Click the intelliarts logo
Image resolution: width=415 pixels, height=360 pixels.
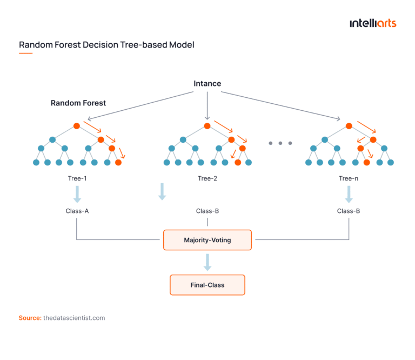(x=373, y=23)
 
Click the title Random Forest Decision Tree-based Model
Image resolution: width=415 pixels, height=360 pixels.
(x=106, y=45)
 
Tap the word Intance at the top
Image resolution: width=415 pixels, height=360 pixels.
(x=207, y=84)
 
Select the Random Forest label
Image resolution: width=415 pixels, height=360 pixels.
(x=78, y=103)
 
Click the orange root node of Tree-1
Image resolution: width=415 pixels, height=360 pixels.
(x=77, y=126)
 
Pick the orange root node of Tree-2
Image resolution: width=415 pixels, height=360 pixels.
(x=207, y=126)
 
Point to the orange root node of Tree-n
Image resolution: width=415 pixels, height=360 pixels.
(x=349, y=126)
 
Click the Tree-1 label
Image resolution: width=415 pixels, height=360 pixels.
(x=77, y=178)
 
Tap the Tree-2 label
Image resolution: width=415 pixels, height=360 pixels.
(x=207, y=178)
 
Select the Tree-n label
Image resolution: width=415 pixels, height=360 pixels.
(x=349, y=178)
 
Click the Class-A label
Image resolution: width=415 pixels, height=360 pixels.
(x=77, y=211)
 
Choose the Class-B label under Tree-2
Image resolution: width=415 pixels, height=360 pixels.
(x=207, y=211)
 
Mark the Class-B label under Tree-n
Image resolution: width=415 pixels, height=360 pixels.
(x=349, y=211)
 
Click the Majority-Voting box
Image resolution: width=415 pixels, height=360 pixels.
(x=207, y=239)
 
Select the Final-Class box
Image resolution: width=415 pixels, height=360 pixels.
(x=207, y=285)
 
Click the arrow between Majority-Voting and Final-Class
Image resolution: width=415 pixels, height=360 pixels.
(x=207, y=262)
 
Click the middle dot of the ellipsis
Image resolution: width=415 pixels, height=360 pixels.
(x=280, y=143)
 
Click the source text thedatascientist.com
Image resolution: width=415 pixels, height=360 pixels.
(x=73, y=318)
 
